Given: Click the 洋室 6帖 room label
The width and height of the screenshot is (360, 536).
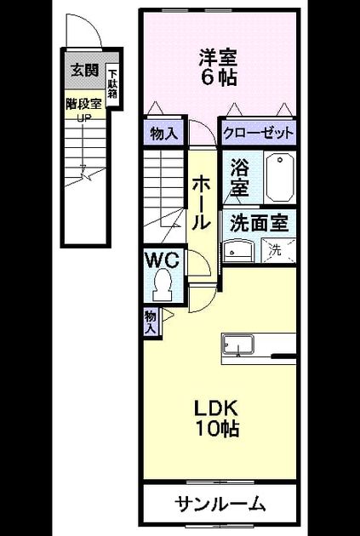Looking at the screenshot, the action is [x=219, y=68].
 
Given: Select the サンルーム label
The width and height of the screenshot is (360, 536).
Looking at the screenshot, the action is [x=220, y=504].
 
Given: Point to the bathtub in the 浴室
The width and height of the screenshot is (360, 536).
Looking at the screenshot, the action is [x=280, y=178].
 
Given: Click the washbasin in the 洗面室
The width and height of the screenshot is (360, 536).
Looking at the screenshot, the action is [x=239, y=251].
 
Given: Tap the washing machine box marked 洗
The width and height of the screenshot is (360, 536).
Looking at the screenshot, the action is [x=278, y=251].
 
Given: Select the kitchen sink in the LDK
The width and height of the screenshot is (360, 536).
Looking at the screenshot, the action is [x=238, y=345].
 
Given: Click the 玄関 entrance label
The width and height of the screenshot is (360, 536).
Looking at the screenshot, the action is [x=85, y=70].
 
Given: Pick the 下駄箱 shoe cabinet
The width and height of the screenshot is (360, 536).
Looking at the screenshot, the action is [x=112, y=84].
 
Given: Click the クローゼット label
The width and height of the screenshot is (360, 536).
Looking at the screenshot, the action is [x=258, y=133].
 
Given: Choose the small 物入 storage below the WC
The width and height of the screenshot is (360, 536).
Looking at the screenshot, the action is [x=151, y=322].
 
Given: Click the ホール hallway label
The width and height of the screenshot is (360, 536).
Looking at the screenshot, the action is [x=200, y=203].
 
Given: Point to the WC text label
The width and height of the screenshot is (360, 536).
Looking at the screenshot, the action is [x=163, y=260].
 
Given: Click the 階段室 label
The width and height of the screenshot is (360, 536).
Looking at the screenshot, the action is [x=85, y=105].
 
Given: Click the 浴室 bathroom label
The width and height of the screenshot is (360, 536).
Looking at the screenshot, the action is [x=239, y=177].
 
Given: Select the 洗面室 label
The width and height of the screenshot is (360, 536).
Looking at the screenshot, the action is [x=259, y=224].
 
